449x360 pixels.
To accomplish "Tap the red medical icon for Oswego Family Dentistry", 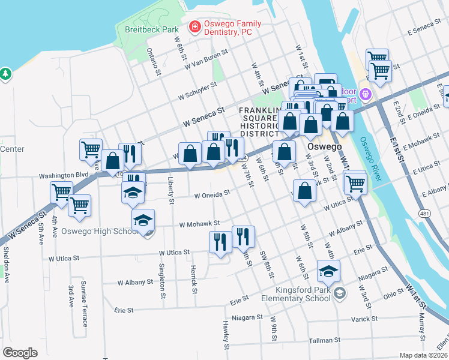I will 194,26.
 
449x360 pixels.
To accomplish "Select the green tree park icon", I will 6,74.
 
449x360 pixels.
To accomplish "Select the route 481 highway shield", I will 424,214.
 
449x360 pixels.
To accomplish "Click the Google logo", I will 20,352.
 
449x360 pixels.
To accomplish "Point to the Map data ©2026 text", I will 423,355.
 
